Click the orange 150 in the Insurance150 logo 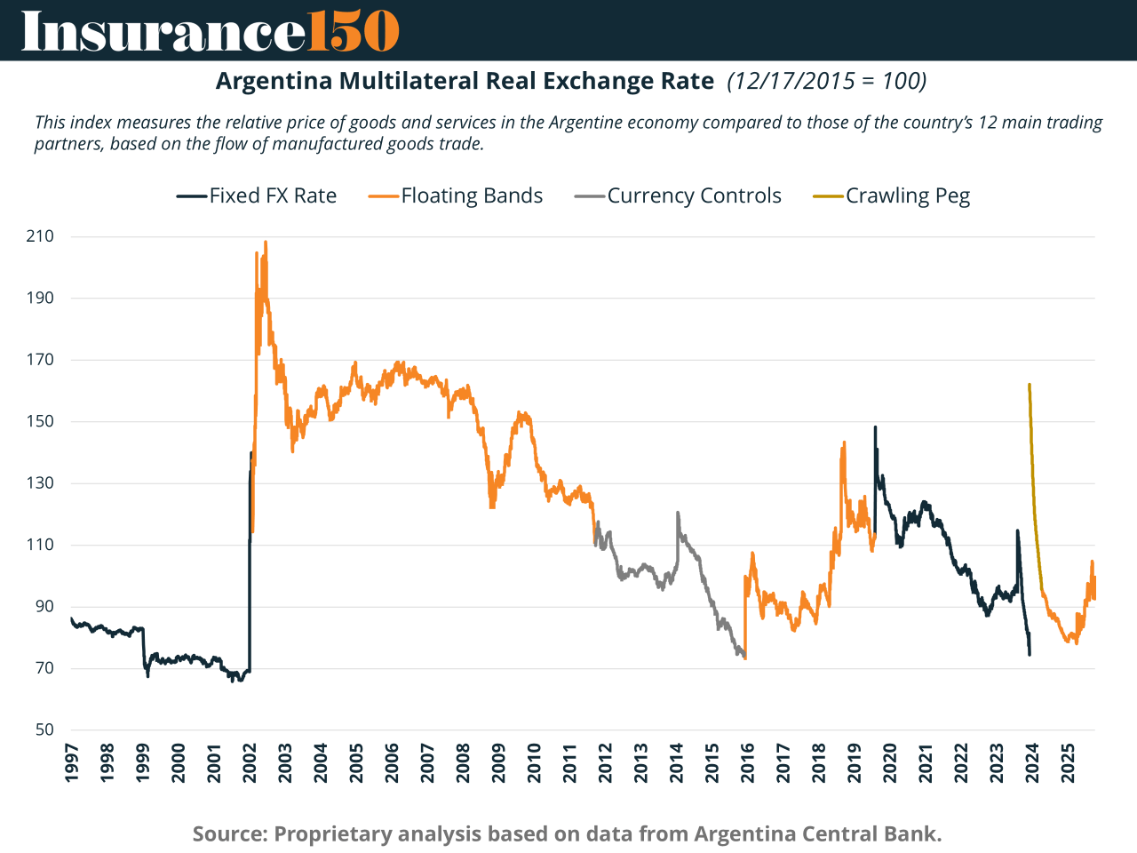click(353, 31)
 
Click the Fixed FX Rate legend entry click(257, 196)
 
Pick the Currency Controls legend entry click(679, 196)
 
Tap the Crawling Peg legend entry click(892, 196)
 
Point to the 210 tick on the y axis click(40, 236)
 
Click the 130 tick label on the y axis click(40, 483)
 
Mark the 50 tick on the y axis click(44, 730)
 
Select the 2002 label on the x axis click(250, 763)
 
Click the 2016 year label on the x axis click(748, 763)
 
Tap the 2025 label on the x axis click(1069, 763)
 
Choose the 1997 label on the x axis click(72, 763)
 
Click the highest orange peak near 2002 click(266, 242)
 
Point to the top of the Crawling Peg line click(1029, 385)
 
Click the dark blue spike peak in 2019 click(875, 427)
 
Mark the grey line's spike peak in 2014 click(678, 513)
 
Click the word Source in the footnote click(229, 834)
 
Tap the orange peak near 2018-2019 click(844, 442)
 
